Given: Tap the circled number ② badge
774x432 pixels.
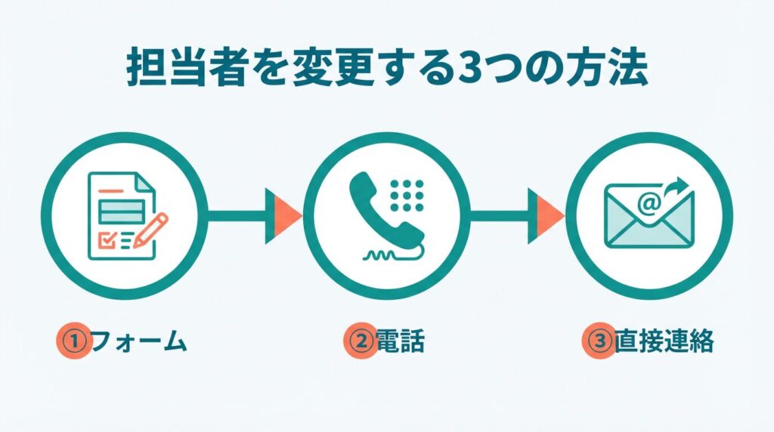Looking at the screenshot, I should pos(361,342).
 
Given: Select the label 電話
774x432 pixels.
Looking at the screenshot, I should pos(401,342).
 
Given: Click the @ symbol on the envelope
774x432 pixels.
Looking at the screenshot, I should pos(647,202).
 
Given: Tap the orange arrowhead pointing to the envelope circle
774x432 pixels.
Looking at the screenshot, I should pos(550,216).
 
